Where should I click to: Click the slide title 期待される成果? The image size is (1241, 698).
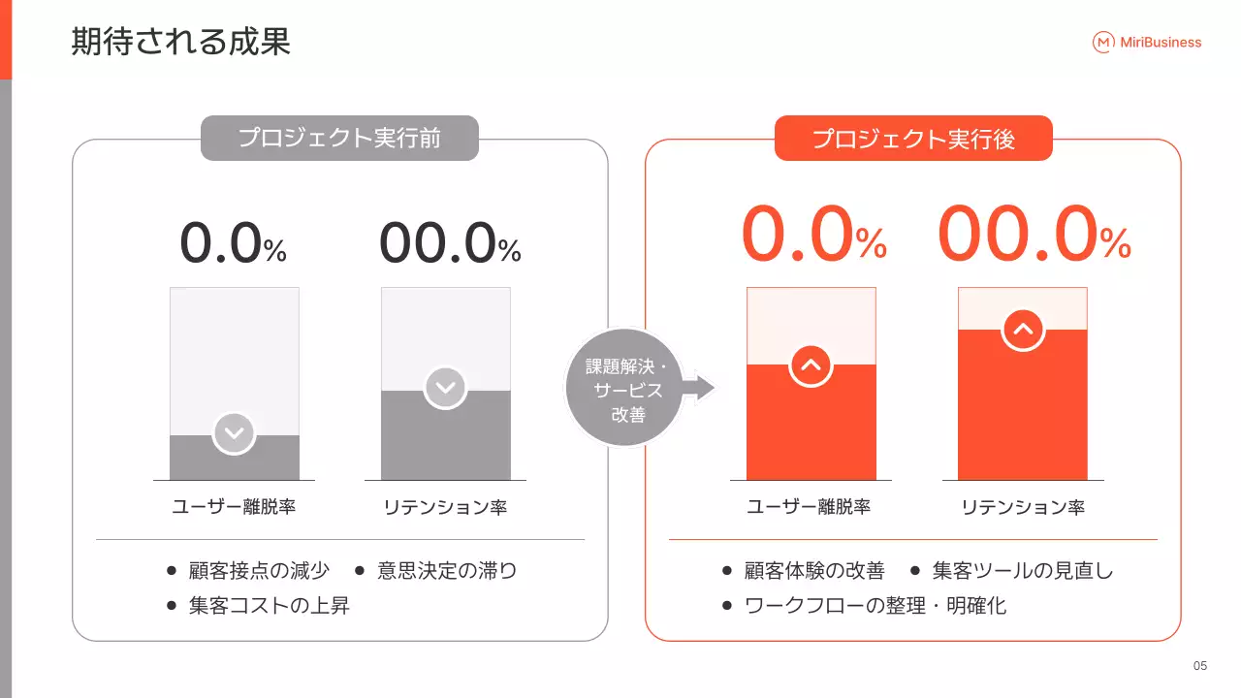(180, 42)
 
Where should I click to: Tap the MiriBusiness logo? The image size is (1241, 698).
(1147, 42)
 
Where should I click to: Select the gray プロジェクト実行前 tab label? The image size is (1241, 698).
(339, 138)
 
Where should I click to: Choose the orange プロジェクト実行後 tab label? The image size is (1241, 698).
(913, 139)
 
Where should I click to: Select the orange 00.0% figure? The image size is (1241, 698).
(1034, 238)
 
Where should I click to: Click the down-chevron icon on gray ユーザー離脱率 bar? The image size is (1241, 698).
(234, 433)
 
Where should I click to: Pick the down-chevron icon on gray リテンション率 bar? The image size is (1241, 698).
(445, 388)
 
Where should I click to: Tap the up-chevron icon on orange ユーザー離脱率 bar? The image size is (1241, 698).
(811, 365)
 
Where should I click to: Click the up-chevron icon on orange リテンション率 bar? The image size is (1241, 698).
(1022, 330)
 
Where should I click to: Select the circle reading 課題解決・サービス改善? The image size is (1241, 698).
(624, 388)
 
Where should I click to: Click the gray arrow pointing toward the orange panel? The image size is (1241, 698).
(699, 388)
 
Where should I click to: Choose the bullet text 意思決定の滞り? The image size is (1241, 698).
(447, 571)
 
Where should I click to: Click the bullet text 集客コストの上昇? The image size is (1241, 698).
(269, 607)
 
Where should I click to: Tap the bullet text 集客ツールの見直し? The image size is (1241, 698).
(1023, 571)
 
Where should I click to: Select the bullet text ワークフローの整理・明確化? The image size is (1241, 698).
(875, 607)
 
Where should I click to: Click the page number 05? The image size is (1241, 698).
(1200, 666)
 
